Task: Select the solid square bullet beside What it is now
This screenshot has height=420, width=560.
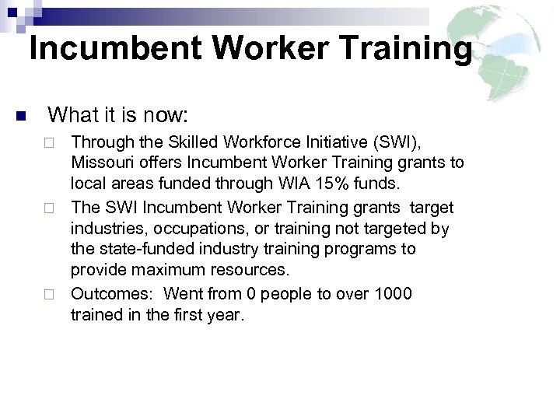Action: point(20,117)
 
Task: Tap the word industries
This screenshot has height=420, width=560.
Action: point(104,229)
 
